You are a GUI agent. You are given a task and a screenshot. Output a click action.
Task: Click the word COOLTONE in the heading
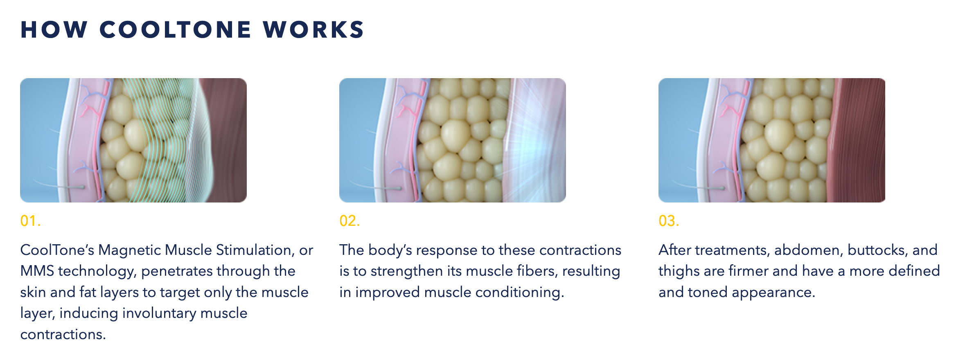coord(175,30)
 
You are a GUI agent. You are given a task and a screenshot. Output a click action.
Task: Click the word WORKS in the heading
coord(313,30)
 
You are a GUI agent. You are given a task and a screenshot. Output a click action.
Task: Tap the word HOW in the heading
coord(54,30)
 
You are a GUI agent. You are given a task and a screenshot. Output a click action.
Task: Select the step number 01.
coord(30,221)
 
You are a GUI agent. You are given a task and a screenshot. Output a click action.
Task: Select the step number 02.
coord(349,221)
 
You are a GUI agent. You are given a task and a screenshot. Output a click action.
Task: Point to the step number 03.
coord(669,221)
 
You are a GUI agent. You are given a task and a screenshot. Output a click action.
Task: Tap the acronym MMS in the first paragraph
coord(37,271)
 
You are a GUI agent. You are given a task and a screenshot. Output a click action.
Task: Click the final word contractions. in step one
coord(63,335)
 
